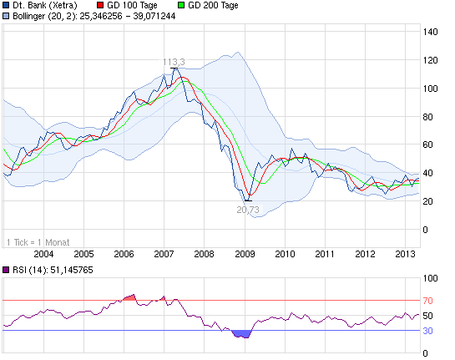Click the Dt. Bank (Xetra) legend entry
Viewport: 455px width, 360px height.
click(x=46, y=6)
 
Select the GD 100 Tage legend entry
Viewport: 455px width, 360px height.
click(x=134, y=6)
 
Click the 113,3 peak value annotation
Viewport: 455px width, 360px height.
click(x=174, y=61)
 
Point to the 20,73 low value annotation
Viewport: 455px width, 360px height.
click(x=248, y=210)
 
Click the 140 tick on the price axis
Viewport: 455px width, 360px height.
click(x=431, y=32)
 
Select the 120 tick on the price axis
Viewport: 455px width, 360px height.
click(x=431, y=60)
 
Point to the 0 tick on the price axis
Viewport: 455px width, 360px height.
click(x=426, y=229)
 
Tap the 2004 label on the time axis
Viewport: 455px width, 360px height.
click(x=43, y=253)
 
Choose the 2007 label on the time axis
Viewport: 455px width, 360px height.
click(x=164, y=253)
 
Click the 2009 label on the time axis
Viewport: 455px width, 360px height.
click(x=244, y=253)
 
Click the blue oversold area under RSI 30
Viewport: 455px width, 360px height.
click(x=242, y=334)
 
